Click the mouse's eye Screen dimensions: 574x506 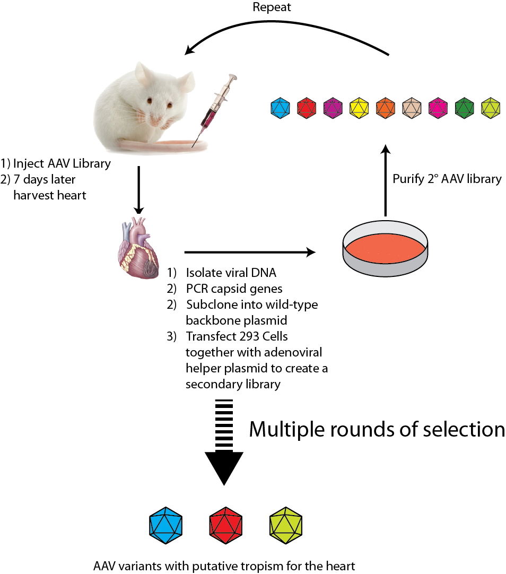[x=150, y=100]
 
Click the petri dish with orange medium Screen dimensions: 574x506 [x=385, y=249]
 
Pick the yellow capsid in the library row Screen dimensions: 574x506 [x=360, y=108]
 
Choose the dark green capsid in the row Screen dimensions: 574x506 [x=465, y=108]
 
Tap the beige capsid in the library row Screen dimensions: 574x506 [x=412, y=108]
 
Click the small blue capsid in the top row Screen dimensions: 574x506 [x=280, y=108]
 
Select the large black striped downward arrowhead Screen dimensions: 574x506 [x=223, y=467]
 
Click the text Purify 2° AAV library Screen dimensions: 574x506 [x=447, y=179]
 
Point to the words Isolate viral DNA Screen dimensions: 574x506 [x=231, y=273]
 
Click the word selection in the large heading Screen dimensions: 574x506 [x=460, y=429]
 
